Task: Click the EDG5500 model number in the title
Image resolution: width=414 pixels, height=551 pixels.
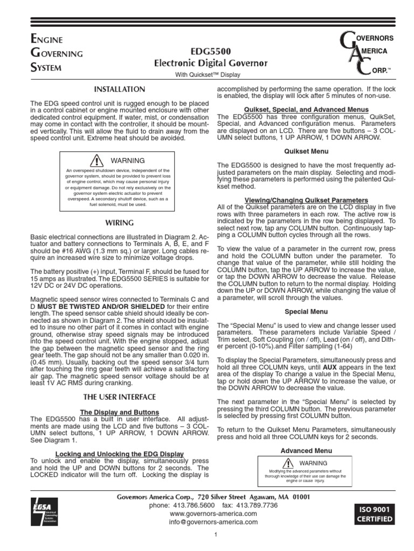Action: coord(211,52)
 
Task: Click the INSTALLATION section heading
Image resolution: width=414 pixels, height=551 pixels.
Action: coord(120,89)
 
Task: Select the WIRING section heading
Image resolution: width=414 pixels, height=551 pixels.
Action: coord(120,222)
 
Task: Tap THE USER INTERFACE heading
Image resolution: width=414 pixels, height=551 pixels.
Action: coord(120,397)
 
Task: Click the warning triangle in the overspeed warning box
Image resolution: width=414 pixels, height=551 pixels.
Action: coord(97,160)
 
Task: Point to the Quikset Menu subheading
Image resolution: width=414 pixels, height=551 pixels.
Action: coord(306,151)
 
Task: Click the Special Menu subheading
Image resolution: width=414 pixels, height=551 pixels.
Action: coord(306,311)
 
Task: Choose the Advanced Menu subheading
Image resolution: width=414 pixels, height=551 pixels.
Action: coord(306,450)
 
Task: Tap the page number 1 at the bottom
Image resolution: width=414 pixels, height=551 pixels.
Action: coord(215,534)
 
